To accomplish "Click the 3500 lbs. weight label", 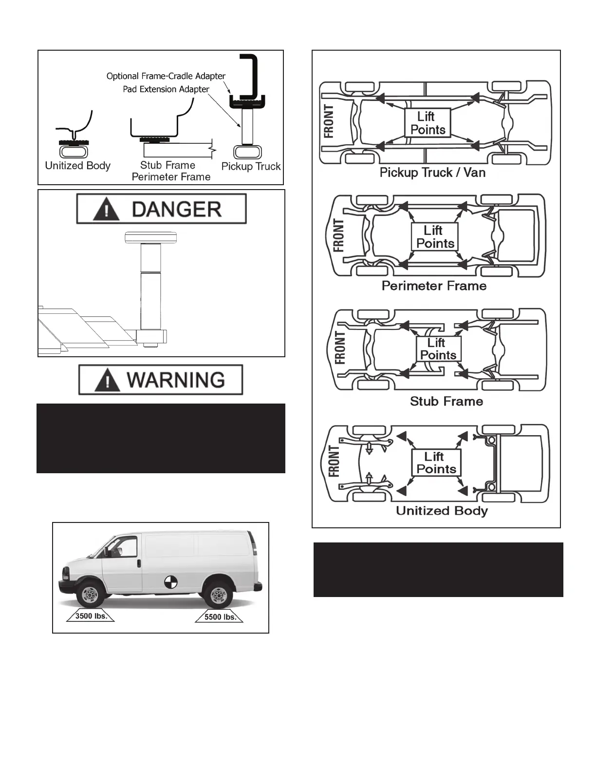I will [x=91, y=616].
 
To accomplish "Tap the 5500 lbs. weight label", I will [x=220, y=617].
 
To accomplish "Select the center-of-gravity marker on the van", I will [x=170, y=581].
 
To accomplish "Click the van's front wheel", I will [x=90, y=594].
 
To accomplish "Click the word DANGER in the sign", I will [x=176, y=210].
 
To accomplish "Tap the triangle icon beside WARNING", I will [x=107, y=380].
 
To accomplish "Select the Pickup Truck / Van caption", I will [x=432, y=173].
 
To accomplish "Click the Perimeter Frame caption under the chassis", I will [x=434, y=286].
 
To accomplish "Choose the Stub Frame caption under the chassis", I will [x=447, y=401].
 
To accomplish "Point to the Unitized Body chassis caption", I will [x=442, y=511].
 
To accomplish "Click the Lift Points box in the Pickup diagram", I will [x=428, y=123].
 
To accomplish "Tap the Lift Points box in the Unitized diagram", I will [x=436, y=463].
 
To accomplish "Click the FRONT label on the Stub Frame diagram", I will [x=340, y=348].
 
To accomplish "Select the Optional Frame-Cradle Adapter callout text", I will [x=166, y=76].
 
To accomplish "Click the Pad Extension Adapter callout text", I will [x=166, y=89].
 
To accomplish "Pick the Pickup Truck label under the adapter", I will [x=251, y=166].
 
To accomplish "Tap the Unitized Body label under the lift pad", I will [x=77, y=166].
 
